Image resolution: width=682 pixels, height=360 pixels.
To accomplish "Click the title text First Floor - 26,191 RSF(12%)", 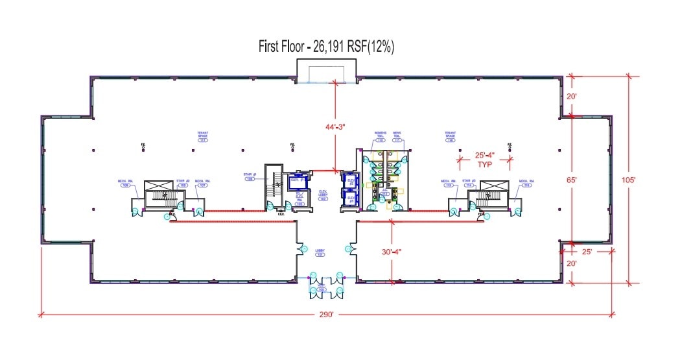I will (x=327, y=46).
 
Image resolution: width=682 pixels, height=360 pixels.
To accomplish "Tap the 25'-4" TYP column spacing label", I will (x=484, y=160).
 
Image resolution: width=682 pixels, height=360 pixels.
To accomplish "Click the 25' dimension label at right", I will (x=588, y=250).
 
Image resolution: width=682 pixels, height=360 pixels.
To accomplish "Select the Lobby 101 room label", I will (x=320, y=252).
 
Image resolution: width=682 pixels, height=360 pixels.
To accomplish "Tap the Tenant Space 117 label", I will (x=202, y=137).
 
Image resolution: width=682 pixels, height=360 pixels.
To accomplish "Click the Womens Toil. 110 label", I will (x=380, y=137).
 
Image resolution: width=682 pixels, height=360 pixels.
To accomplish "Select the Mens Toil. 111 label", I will (x=397, y=137).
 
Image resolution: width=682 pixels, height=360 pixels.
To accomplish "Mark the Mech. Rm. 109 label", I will (x=125, y=184).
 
